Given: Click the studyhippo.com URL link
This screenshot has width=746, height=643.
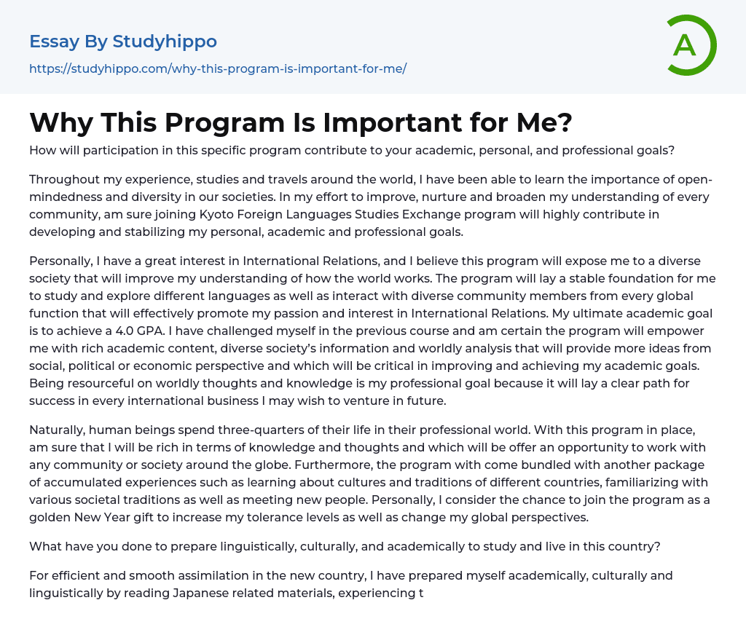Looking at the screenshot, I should click(218, 68).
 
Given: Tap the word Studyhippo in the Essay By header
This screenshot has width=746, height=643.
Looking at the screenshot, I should click(165, 42).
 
